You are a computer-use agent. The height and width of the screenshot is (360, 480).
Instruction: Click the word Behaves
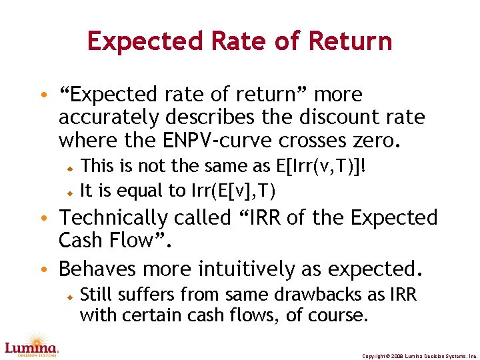(100, 269)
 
